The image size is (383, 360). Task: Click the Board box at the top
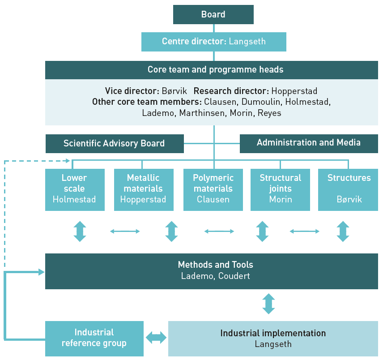[213, 14]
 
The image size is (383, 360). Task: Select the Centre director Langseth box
[213, 42]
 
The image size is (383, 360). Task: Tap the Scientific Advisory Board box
[114, 144]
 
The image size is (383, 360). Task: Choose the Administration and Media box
[309, 143]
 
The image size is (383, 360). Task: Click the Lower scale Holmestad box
[75, 189]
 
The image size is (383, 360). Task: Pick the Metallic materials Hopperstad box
[143, 189]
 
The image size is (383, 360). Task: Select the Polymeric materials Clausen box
[213, 189]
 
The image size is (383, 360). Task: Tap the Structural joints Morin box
[281, 189]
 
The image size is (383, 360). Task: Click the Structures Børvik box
[348, 189]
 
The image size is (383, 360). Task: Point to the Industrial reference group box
[94, 339]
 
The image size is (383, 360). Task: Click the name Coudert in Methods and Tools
[234, 276]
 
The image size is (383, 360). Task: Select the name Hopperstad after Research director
[294, 91]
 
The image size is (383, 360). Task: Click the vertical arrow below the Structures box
[343, 231]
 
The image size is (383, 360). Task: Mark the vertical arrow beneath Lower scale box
[80, 231]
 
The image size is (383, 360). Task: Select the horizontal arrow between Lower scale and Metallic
[125, 231]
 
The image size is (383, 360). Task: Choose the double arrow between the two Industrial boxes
[156, 338]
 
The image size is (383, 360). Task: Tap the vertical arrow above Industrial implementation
[268, 304]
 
